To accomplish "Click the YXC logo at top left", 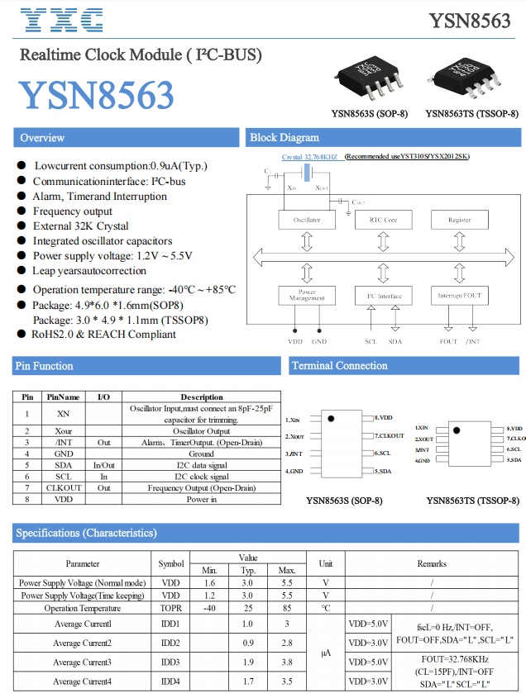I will pos(61,20).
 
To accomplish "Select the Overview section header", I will pos(43,138).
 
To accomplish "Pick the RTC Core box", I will pos(382,220).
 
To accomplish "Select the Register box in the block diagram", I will pos(460,220).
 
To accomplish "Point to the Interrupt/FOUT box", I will pos(460,295).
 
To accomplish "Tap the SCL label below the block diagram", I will pos(371,341).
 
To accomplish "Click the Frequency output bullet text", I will pos(73,211).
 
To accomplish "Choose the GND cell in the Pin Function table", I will pos(64,453).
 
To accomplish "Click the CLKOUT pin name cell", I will pos(64,487).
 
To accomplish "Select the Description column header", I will pos(202,396).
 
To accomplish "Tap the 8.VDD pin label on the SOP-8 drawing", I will pos(383,418).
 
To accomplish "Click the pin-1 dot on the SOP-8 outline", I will pos(331,420).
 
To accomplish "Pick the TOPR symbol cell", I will pos(171,607).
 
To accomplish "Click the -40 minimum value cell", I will pos(208,607).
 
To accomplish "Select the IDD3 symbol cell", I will pos(171,662).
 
